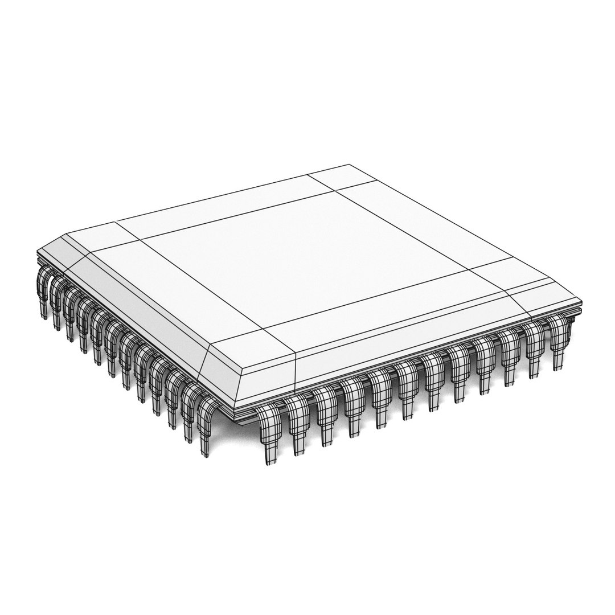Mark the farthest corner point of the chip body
pyautogui.click(x=349, y=165)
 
